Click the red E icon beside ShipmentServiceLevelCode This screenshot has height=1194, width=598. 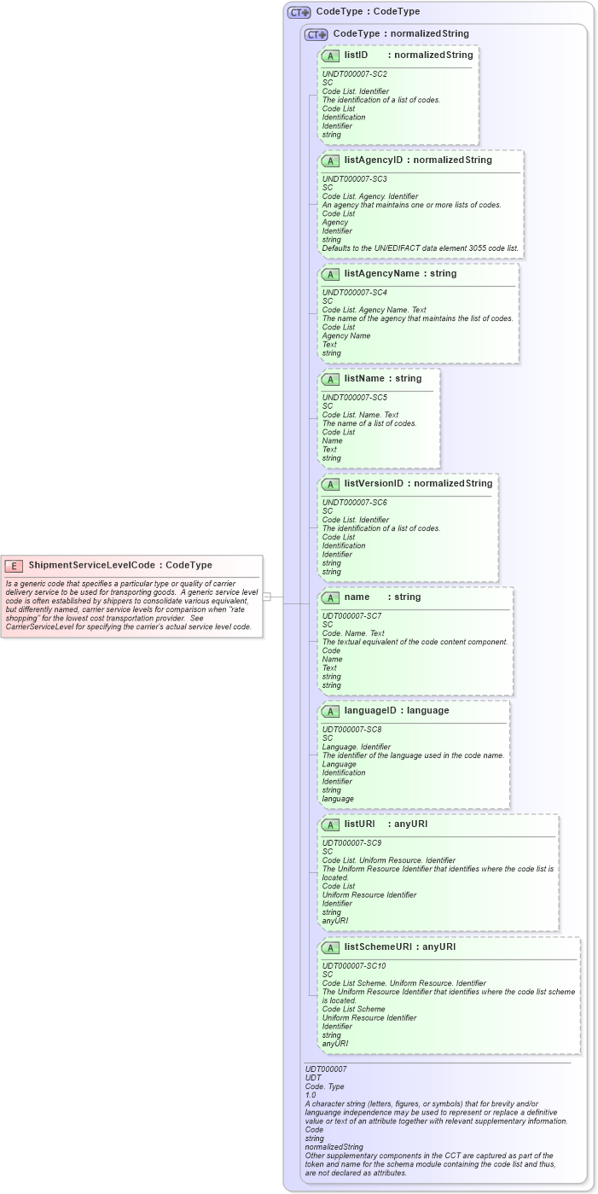14,565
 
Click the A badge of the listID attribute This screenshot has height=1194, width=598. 330,55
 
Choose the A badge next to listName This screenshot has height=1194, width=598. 330,379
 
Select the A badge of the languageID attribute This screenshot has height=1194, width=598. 330,711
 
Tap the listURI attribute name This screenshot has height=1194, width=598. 359,824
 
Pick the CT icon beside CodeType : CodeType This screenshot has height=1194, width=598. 299,13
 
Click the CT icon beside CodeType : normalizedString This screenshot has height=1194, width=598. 316,34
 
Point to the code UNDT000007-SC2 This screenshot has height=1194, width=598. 354,74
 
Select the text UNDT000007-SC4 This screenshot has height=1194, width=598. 354,292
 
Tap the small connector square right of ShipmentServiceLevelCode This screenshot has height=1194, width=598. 266,597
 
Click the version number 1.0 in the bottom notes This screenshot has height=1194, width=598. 311,1094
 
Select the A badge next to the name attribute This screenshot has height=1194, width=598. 330,597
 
